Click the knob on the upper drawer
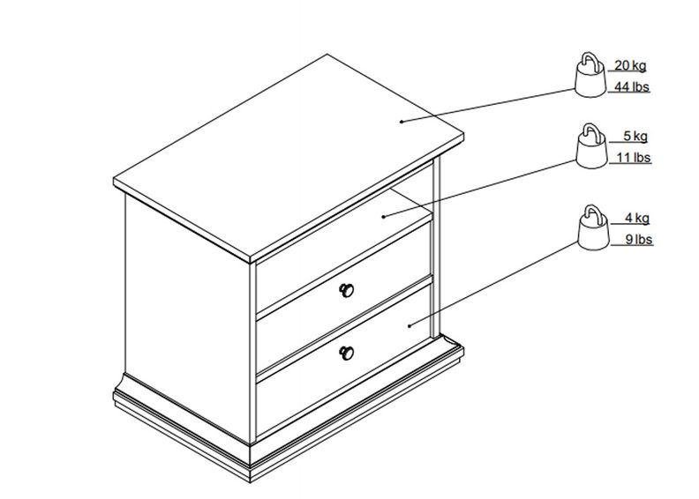(346, 290)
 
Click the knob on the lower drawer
(346, 353)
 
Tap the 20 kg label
(630, 65)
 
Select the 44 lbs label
(632, 86)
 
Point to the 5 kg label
(635, 137)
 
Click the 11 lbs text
(634, 158)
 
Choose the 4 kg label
(637, 218)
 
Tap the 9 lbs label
(639, 240)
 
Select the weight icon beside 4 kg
(593, 228)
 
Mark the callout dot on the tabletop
(402, 121)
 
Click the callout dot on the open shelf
(384, 217)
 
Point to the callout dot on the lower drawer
(410, 325)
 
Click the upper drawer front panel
(343, 267)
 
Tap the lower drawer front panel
(343, 330)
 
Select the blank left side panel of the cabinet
(187, 316)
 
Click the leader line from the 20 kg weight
(488, 105)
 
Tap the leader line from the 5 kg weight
(480, 189)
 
